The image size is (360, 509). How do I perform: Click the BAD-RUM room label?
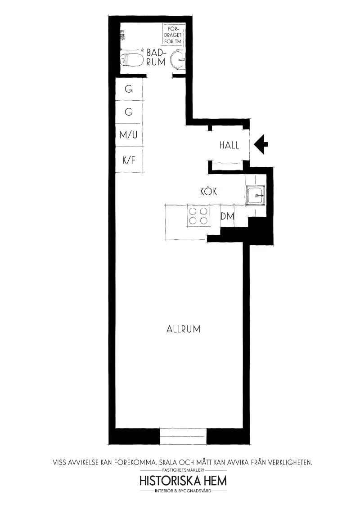point(156,58)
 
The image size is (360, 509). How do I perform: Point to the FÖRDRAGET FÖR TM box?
point(174,35)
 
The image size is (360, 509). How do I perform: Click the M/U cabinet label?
point(129,134)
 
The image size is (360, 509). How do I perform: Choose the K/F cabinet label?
point(129,159)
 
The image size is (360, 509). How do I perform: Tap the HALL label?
point(229,146)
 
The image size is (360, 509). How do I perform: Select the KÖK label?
point(209,192)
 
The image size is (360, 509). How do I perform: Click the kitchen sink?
point(256,195)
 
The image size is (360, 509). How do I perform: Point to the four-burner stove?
point(198,216)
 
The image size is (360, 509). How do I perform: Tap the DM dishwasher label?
point(227,216)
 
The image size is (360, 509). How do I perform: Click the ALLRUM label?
point(183,329)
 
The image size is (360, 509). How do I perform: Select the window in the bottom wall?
point(183,436)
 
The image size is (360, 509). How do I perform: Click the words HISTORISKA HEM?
point(183,481)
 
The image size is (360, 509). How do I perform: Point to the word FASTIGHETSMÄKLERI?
point(183,470)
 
